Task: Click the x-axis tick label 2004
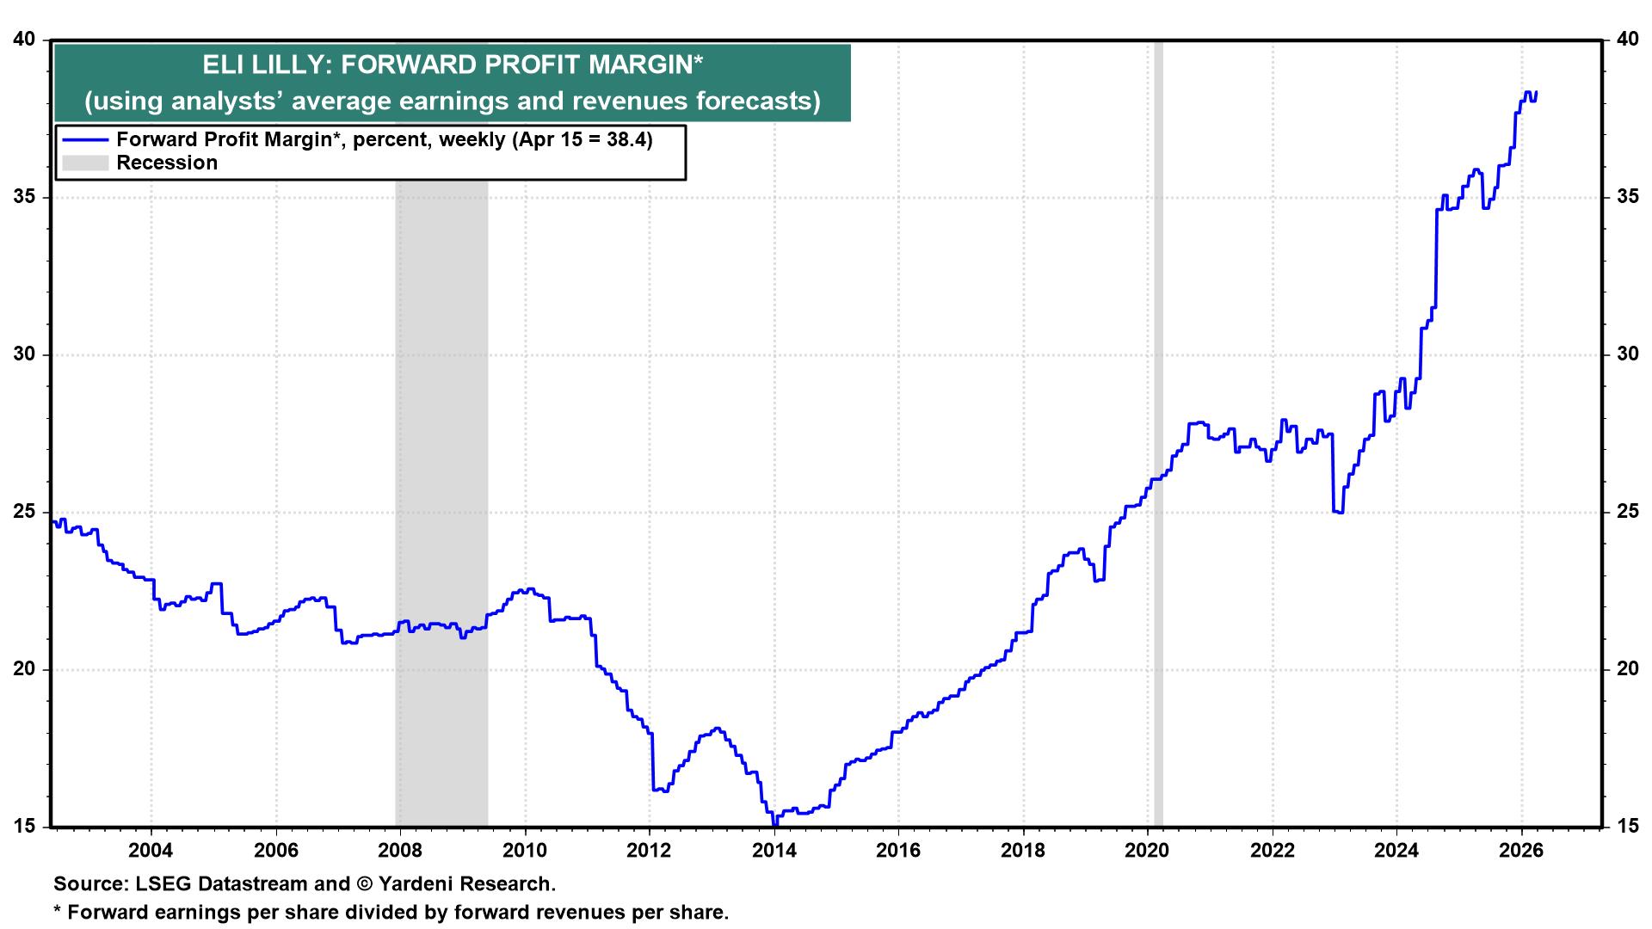(151, 851)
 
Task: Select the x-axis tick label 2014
(774, 851)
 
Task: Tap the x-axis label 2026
(1521, 851)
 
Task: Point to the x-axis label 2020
(1147, 851)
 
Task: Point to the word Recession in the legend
(167, 163)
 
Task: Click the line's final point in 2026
(1537, 93)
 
